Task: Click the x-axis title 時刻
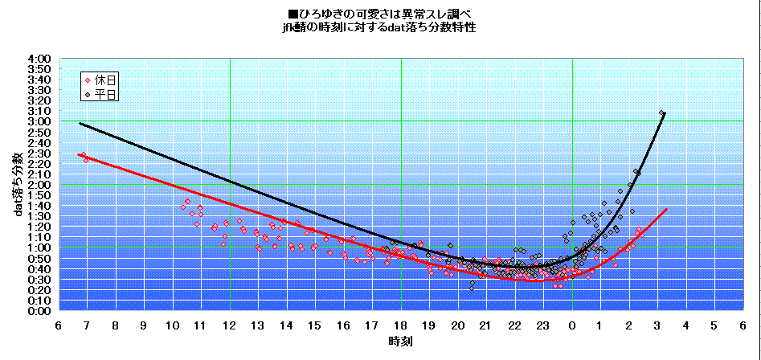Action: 401,342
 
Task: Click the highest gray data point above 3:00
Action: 661,113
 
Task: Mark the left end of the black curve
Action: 80,123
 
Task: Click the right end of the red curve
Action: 666,209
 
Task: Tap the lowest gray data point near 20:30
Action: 472,288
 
